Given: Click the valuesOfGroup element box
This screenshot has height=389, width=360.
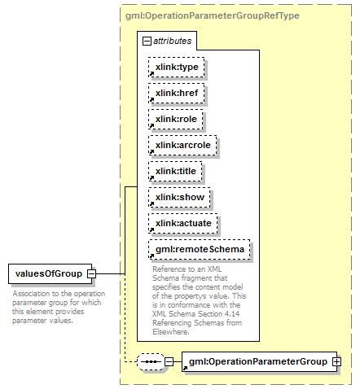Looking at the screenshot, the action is tap(50, 273).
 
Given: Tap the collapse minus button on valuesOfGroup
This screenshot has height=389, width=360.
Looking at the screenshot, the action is tap(91, 273).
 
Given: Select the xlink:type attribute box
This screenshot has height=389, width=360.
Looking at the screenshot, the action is tap(177, 67).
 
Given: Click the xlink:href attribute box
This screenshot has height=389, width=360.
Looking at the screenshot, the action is tap(177, 93).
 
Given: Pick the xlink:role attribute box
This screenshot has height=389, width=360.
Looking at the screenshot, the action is tap(176, 119).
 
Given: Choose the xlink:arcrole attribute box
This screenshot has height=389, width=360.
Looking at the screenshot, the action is tap(182, 145).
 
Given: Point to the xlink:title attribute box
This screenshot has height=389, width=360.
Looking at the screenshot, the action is tap(175, 171).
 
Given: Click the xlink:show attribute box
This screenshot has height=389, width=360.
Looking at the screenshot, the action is tap(179, 197).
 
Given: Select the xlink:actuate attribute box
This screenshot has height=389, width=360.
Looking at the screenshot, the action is tap(183, 223).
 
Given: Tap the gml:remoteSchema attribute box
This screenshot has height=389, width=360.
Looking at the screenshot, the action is tap(200, 249).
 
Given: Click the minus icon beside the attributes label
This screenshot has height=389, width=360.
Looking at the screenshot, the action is tap(147, 42).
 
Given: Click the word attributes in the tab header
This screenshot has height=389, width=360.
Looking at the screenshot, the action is tap(173, 41).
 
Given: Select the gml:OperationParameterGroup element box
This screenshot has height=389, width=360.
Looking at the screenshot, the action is tap(259, 361).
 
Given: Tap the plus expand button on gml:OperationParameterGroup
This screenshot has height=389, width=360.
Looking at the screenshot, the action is tap(337, 361).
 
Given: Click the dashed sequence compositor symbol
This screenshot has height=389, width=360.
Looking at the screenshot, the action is tap(151, 361).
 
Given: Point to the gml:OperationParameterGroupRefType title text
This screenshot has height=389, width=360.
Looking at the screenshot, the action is tap(213, 15).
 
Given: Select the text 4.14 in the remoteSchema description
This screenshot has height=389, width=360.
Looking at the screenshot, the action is tap(232, 314).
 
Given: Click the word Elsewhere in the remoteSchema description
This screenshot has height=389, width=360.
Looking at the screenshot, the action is tap(171, 332).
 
